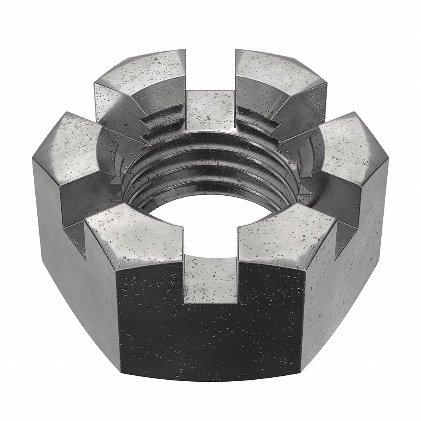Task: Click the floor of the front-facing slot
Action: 210,277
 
